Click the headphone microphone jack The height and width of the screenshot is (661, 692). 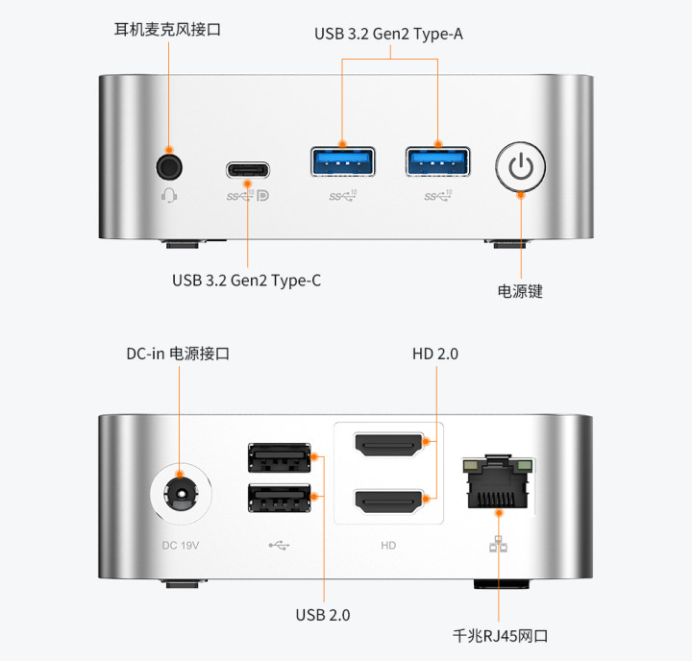(169, 167)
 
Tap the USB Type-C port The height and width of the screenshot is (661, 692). (248, 170)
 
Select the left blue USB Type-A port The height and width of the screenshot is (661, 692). (343, 161)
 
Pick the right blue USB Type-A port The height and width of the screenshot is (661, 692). (438, 161)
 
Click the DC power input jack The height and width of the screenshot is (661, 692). (181, 493)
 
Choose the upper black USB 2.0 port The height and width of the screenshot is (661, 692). (280, 457)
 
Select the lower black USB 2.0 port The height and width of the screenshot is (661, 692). (280, 498)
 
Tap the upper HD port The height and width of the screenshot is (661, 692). (389, 445)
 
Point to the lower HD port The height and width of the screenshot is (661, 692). (389, 502)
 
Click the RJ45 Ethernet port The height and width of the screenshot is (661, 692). (498, 482)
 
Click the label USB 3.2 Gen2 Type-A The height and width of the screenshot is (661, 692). (389, 34)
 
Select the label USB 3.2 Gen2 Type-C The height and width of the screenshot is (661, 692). (247, 281)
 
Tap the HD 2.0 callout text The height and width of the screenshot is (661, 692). (435, 354)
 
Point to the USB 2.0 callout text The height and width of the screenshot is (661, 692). (323, 615)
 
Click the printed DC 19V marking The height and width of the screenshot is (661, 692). (181, 546)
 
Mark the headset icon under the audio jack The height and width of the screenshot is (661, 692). (169, 195)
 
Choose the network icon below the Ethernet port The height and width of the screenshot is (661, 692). (498, 544)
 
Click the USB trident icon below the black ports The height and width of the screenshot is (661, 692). (279, 546)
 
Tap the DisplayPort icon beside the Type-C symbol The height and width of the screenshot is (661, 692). (263, 195)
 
